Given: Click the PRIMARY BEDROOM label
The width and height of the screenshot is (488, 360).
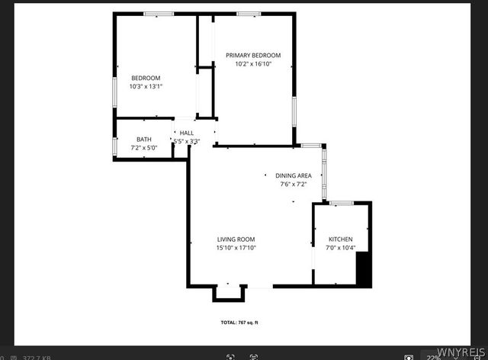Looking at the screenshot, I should coord(253,55).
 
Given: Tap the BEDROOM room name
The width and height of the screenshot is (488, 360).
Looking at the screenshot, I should coord(146,78).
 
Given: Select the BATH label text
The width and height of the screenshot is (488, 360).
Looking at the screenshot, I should coord(144,139).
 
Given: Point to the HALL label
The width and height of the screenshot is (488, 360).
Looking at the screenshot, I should coord(187,133).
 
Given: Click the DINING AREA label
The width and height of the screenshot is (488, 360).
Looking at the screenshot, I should coord(294,175).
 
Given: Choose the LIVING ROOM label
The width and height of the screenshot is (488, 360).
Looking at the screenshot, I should coord(236,239).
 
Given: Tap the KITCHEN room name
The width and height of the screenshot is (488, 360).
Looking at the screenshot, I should coord(340,239).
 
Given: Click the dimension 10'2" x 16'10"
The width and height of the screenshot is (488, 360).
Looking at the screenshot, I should coord(253,64).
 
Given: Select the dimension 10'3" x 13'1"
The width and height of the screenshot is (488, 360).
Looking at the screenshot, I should coord(146,87).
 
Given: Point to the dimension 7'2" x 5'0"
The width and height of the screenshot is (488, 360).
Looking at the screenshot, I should coord(144,147).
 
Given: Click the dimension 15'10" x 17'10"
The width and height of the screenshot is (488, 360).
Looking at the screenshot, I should coord(236,248).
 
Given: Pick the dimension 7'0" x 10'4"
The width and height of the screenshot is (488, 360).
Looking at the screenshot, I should coord(340,248).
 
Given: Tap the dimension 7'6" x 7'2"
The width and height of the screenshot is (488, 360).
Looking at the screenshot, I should coord(294,184).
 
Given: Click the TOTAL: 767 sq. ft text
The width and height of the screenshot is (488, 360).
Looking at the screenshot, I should coord(239,323).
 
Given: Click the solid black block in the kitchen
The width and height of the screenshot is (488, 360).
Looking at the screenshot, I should coord(364,269).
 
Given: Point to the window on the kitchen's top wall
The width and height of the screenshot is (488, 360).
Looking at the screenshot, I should coord(341,202).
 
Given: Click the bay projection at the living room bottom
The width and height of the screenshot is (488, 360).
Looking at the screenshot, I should coord(230,292).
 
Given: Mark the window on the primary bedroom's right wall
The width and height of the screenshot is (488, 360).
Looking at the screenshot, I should coord(294,111).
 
